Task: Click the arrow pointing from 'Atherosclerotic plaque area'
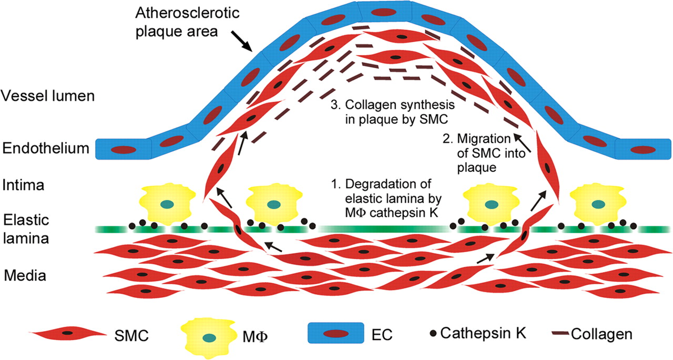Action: coord(246,44)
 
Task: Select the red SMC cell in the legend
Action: coord(67,333)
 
